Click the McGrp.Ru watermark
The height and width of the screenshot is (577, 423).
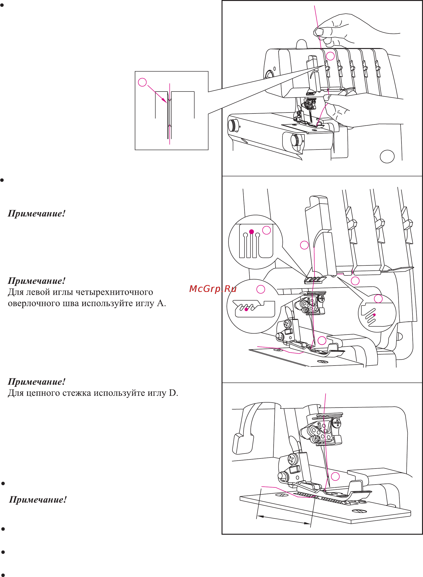213,289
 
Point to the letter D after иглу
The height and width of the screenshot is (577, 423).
173,393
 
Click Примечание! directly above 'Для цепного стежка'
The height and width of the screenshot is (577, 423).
37,382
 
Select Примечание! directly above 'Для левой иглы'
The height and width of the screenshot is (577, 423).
37,281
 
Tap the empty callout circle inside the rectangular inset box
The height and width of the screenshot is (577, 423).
142,82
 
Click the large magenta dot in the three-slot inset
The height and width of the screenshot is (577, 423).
251,232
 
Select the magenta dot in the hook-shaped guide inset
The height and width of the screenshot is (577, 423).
246,309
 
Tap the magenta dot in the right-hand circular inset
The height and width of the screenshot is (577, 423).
374,315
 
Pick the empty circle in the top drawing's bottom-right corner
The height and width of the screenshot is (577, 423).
387,156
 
